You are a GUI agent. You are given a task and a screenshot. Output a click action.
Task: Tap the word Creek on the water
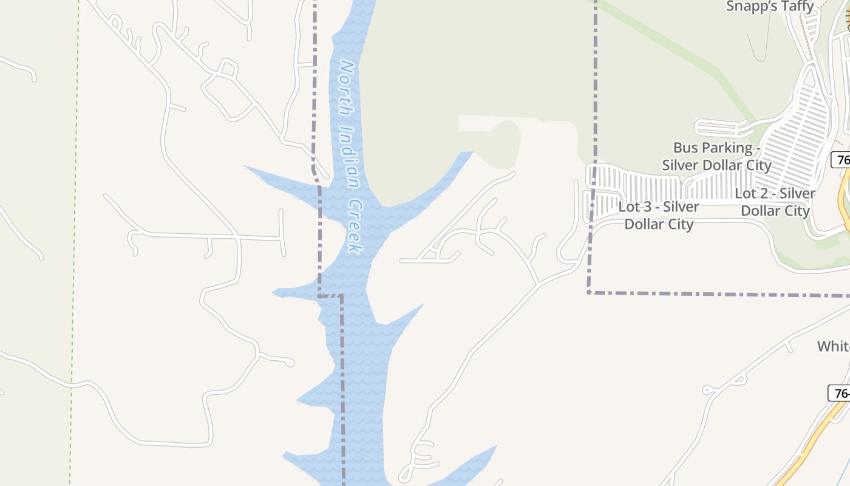pyautogui.click(x=354, y=226)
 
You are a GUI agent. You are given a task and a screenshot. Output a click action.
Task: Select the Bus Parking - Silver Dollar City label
pyautogui.click(x=716, y=156)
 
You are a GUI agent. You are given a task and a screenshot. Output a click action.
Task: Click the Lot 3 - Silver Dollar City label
pyautogui.click(x=659, y=215)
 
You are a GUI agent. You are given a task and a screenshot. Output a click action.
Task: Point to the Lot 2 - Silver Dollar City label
pyautogui.click(x=775, y=202)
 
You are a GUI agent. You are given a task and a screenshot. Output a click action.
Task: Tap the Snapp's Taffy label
pyautogui.click(x=770, y=7)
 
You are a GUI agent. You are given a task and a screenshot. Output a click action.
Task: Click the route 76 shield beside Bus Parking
pyautogui.click(x=841, y=160)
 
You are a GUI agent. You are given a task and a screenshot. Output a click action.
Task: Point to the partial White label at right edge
pyautogui.click(x=833, y=346)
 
